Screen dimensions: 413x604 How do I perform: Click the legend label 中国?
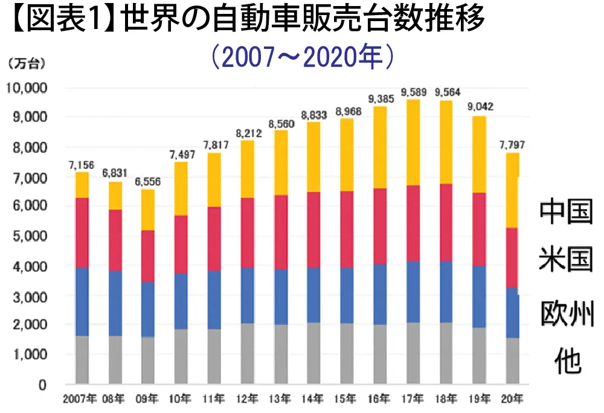tap(566, 213)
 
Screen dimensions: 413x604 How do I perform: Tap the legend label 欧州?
tap(566, 313)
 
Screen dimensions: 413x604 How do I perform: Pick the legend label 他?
tap(567, 361)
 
